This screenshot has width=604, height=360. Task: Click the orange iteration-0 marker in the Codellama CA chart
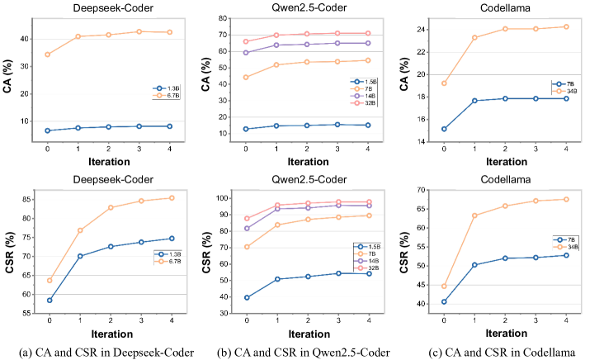445,83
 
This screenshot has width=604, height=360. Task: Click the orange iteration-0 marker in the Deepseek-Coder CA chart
48,54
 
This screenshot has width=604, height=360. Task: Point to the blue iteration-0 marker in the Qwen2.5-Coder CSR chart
245,297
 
